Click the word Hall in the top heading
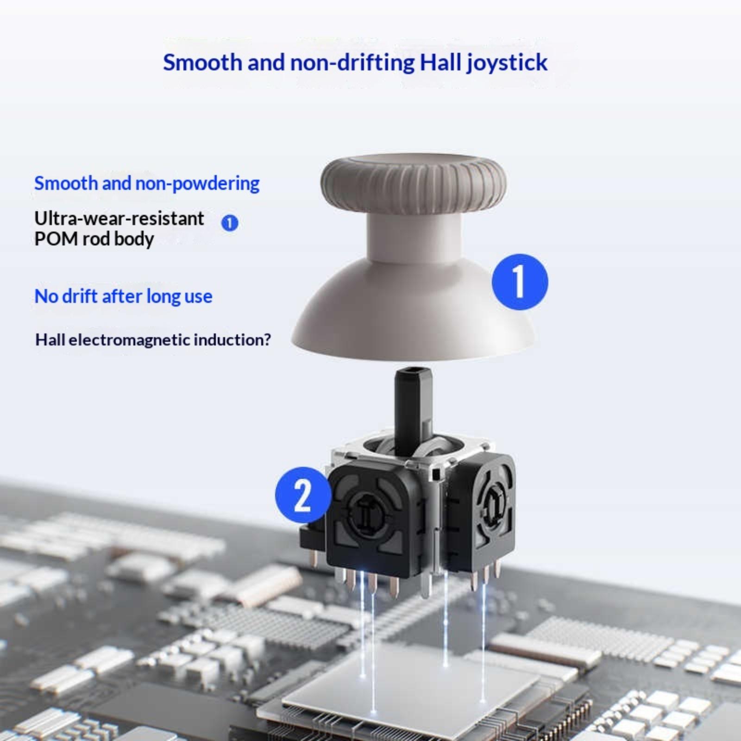[440, 63]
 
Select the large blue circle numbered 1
[520, 282]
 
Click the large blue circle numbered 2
[303, 495]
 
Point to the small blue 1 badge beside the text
[230, 223]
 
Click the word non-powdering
[197, 184]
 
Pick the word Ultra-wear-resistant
[119, 218]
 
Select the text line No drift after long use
[123, 296]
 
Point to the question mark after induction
[266, 339]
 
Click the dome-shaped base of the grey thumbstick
[414, 315]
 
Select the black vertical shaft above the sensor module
[414, 408]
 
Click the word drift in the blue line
[80, 296]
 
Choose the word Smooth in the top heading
[202, 63]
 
